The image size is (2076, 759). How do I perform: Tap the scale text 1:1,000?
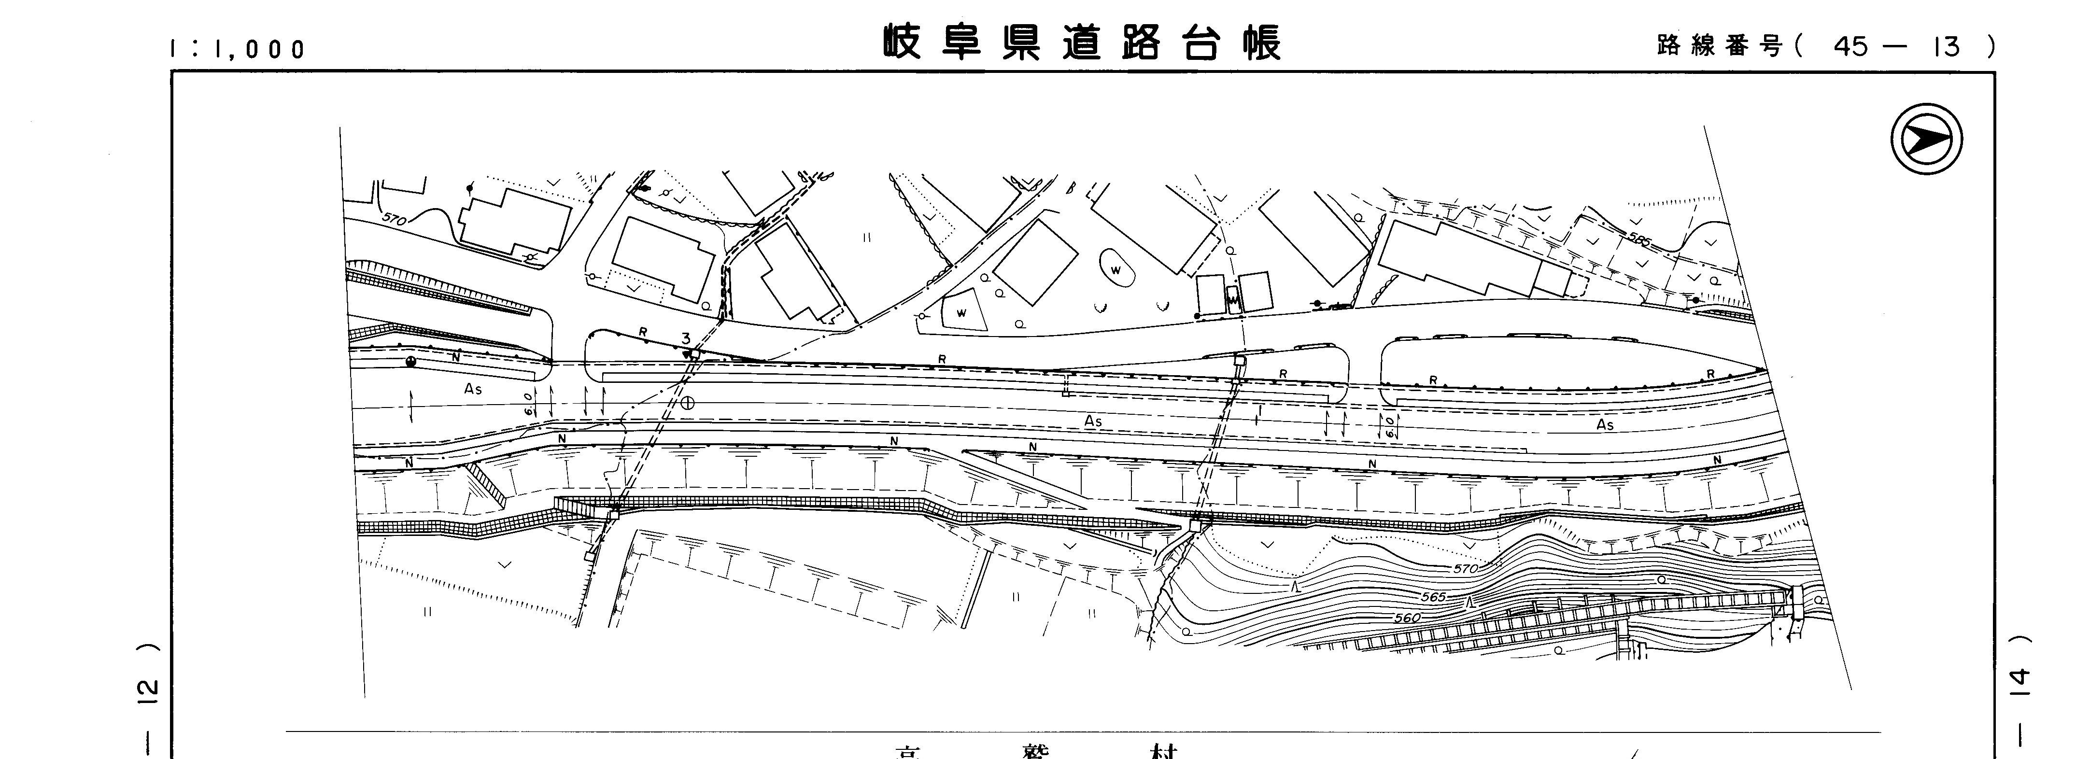point(237,50)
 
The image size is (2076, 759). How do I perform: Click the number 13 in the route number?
point(1946,47)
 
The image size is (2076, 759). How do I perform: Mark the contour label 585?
point(1639,239)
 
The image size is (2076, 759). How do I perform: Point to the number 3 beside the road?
point(686,338)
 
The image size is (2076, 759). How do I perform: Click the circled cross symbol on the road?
point(687,403)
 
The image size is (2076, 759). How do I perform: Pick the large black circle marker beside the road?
point(411,362)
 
